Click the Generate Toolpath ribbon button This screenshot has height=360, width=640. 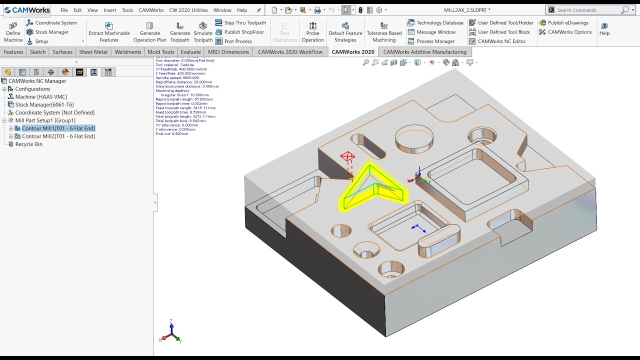(x=179, y=32)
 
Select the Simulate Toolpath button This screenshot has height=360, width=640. (x=203, y=32)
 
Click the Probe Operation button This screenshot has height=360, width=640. (x=312, y=32)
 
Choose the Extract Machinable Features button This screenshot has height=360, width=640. (x=109, y=32)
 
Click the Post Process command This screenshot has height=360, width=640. (x=237, y=41)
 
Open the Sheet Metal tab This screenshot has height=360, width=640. (x=93, y=52)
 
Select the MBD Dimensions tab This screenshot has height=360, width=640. (x=228, y=52)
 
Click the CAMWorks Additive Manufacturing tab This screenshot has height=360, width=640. (x=424, y=52)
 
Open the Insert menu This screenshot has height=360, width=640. (x=109, y=10)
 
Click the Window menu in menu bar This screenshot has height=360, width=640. (x=222, y=10)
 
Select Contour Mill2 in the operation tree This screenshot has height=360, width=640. (x=58, y=136)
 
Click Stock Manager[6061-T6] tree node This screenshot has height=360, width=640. (x=44, y=104)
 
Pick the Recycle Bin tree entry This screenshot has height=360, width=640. (x=28, y=144)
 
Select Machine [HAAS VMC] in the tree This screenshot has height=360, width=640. (x=40, y=97)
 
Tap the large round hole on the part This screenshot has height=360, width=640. (x=414, y=138)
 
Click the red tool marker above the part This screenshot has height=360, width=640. (x=347, y=157)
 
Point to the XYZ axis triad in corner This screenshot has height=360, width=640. (x=171, y=332)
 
